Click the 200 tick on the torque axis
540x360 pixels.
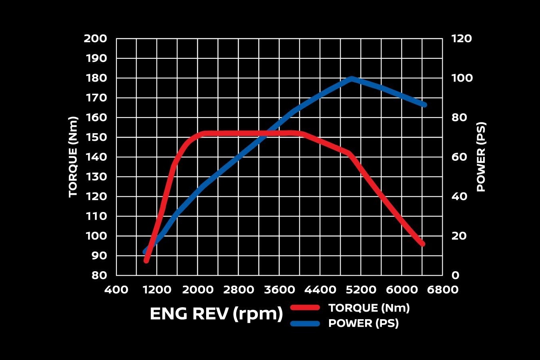(95, 39)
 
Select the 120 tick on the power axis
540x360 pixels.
(462, 39)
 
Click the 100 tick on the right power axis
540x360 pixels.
(462, 78)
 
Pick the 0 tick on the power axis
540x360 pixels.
(455, 275)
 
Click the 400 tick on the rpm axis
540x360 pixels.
(116, 290)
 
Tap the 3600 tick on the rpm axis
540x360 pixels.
(279, 290)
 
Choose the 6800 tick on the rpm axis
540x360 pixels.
(442, 290)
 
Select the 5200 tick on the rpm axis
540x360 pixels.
(361, 290)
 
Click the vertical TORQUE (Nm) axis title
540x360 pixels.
(73, 157)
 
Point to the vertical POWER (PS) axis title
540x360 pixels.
(481, 157)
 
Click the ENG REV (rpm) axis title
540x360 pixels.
(216, 314)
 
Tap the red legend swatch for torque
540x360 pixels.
(305, 308)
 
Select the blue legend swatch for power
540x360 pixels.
(305, 323)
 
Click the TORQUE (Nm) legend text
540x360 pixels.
(369, 308)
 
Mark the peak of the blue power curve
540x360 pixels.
(351, 78)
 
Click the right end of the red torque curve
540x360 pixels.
(422, 244)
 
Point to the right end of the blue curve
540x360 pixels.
(424, 105)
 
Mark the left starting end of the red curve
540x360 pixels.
(147, 260)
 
